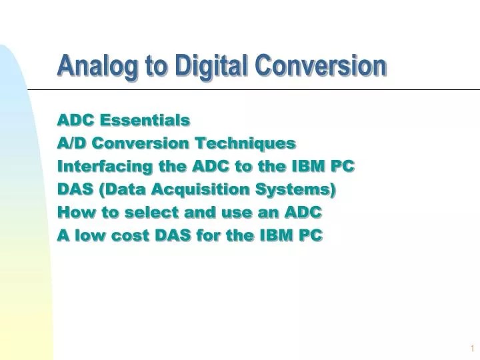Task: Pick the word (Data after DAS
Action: [123, 189]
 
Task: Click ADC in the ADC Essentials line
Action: [75, 120]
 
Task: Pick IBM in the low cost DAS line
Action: [276, 235]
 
